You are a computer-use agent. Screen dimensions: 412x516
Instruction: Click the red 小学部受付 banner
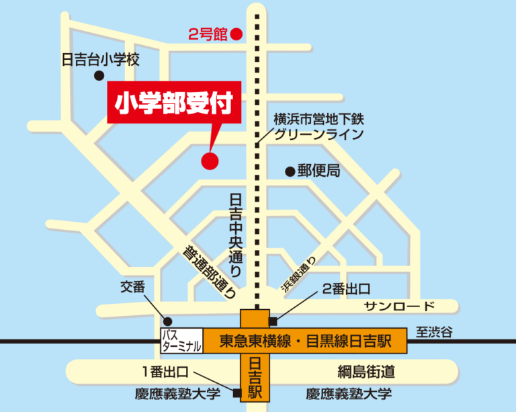[x=174, y=104]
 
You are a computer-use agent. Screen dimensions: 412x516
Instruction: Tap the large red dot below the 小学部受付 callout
[x=210, y=161]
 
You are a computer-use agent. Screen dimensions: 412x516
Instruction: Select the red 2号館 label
[x=207, y=34]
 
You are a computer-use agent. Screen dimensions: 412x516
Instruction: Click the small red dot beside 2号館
[x=236, y=33]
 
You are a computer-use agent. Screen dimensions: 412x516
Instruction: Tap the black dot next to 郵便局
[x=290, y=171]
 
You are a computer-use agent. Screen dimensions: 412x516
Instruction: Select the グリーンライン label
[x=318, y=134]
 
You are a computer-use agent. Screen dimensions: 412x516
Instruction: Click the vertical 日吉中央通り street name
[x=236, y=235]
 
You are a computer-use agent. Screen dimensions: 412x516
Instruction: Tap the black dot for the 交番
[x=168, y=321]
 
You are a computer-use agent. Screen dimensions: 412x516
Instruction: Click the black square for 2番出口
[x=272, y=321]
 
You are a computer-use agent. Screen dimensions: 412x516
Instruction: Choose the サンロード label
[x=399, y=306]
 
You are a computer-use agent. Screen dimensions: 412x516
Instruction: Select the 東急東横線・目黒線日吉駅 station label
[x=305, y=341]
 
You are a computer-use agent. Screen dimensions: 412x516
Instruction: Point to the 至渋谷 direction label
[x=434, y=331]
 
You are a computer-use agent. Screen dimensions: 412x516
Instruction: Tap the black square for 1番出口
[x=236, y=394]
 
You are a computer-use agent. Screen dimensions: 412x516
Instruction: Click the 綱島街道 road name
[x=366, y=371]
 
